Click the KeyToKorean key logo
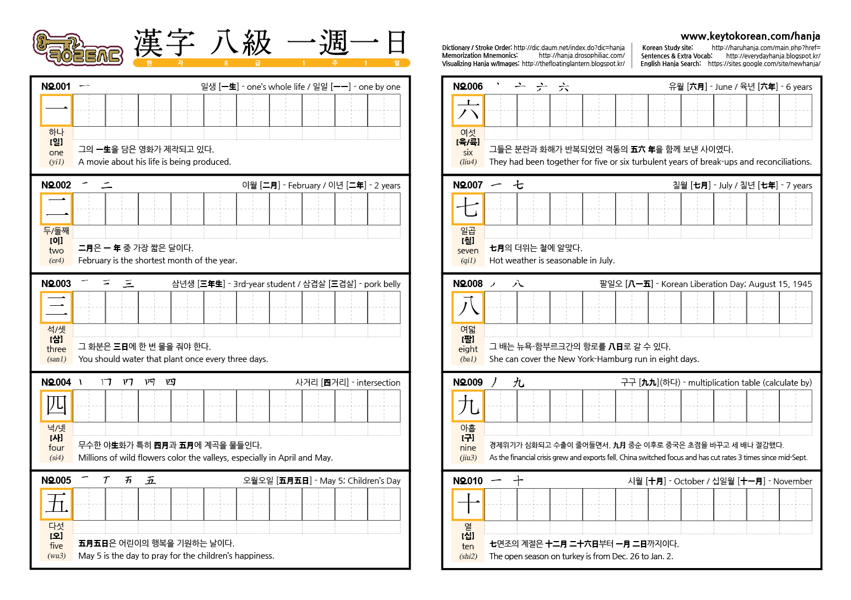(77, 48)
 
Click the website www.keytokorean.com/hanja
(750, 36)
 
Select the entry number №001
(56, 87)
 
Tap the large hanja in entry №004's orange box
(56, 406)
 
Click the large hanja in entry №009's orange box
(468, 406)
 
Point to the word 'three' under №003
(56, 349)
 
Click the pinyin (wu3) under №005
(56, 556)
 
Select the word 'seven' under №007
(468, 251)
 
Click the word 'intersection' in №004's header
(378, 382)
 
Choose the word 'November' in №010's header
(792, 481)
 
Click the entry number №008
(467, 284)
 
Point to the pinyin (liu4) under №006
(468, 162)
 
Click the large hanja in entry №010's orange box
(468, 504)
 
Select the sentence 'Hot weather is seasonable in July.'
(552, 261)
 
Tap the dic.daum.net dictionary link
(569, 48)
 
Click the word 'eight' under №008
(468, 349)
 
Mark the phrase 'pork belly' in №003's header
(382, 284)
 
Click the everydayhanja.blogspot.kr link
(773, 56)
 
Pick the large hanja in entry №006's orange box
(468, 110)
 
